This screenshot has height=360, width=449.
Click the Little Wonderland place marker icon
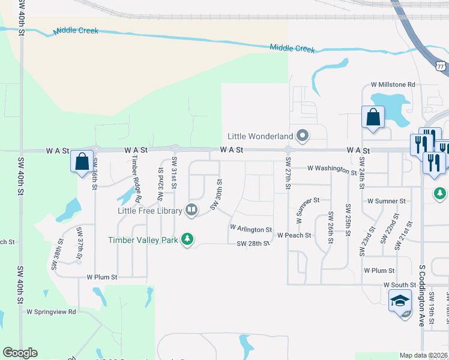point(303,136)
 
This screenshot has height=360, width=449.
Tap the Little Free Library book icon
point(191,209)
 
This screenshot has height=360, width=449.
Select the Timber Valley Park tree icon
point(187,239)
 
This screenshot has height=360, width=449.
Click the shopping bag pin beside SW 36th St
point(82,161)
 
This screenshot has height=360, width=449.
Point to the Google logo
point(20,353)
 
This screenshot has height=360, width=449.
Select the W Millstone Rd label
point(393,85)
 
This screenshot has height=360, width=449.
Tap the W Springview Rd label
point(51,312)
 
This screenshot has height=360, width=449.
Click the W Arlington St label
point(251,229)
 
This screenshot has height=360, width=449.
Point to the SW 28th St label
point(253,244)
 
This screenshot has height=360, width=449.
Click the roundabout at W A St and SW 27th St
point(288,149)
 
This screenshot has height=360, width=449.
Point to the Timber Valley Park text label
point(143,240)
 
